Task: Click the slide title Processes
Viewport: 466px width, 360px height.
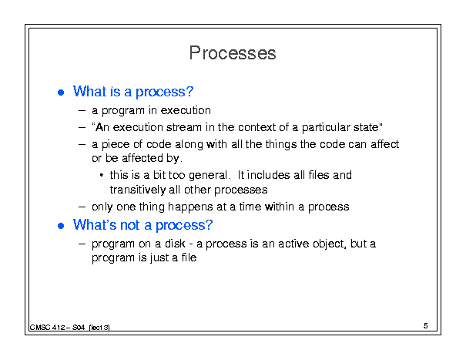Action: (233, 53)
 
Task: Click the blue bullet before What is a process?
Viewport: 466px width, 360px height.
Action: (61, 93)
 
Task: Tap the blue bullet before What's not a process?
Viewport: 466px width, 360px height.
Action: (61, 226)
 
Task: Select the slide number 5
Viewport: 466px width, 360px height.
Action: (426, 326)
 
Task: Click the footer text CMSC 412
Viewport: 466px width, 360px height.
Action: (47, 328)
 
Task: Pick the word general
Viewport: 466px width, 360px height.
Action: (208, 176)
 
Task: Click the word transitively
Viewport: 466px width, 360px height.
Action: (138, 190)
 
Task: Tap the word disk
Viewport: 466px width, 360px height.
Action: (175, 244)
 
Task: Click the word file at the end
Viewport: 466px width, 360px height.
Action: (189, 257)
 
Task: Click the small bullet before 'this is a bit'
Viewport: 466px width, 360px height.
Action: (102, 175)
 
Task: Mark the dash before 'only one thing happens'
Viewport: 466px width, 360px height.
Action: (82, 207)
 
